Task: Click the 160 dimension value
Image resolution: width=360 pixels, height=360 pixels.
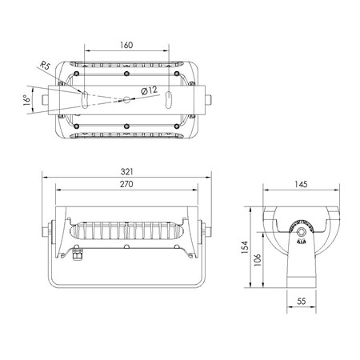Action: click(x=126, y=45)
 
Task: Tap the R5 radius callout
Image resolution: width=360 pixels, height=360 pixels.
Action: click(x=45, y=65)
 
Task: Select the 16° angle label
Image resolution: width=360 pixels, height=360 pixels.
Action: click(x=26, y=100)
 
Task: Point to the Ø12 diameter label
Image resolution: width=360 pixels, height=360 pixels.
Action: click(x=149, y=90)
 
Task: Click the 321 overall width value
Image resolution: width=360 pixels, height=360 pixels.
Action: click(x=126, y=172)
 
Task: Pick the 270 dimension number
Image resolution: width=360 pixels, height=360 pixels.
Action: click(x=126, y=184)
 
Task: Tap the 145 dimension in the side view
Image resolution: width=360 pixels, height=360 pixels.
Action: click(x=301, y=184)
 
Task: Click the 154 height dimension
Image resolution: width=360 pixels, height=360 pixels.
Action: click(x=245, y=247)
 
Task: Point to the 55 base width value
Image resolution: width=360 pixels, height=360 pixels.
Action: click(x=302, y=302)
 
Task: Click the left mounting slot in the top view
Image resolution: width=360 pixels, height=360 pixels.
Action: click(x=85, y=100)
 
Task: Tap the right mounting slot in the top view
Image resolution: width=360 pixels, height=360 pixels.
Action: click(x=169, y=100)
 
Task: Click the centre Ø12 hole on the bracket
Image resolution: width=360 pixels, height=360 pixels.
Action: click(x=126, y=100)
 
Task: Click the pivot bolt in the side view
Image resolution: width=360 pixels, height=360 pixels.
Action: click(x=302, y=231)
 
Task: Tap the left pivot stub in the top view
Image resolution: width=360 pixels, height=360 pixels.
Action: click(x=45, y=100)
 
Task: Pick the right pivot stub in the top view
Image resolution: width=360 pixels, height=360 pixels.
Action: click(x=208, y=100)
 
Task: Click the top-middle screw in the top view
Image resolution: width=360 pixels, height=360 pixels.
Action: click(x=126, y=74)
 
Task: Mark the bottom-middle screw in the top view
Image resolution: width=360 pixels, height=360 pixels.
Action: click(x=126, y=126)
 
